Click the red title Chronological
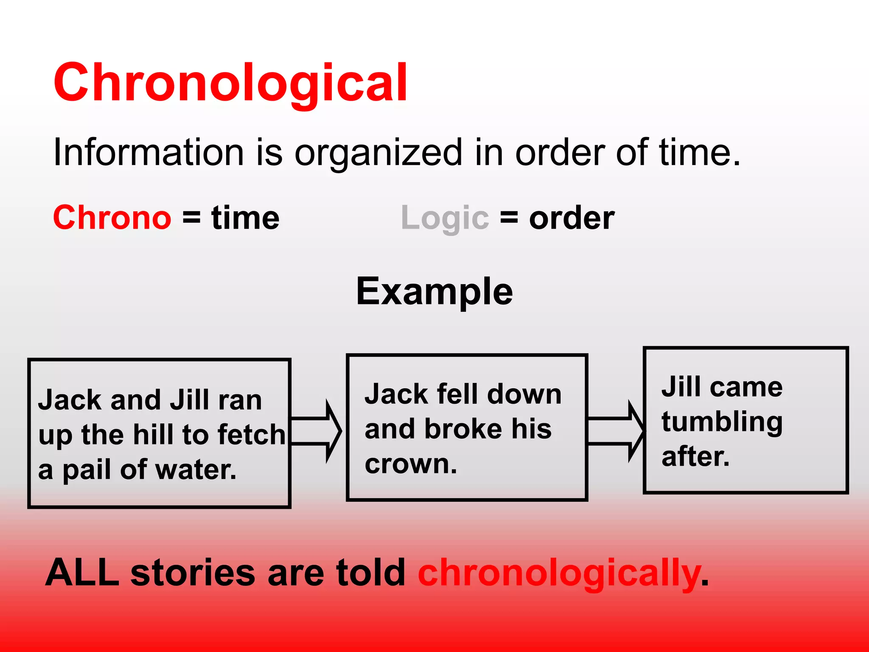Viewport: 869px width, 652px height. coord(230,83)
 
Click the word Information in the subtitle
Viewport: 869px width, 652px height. coord(148,152)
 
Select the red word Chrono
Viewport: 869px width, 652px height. coord(112,218)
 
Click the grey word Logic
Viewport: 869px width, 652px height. coord(445,219)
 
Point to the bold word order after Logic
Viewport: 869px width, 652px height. coord(572,219)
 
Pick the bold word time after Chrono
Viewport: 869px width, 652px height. coord(245,218)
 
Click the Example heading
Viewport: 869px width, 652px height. coord(434,292)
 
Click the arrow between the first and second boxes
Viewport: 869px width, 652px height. coord(317,431)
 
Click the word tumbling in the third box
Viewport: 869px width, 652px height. coord(722,423)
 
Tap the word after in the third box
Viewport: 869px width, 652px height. coord(695,457)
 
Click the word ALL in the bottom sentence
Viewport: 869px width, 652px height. coord(82,573)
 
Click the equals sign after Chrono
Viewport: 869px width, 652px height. coord(191,218)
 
